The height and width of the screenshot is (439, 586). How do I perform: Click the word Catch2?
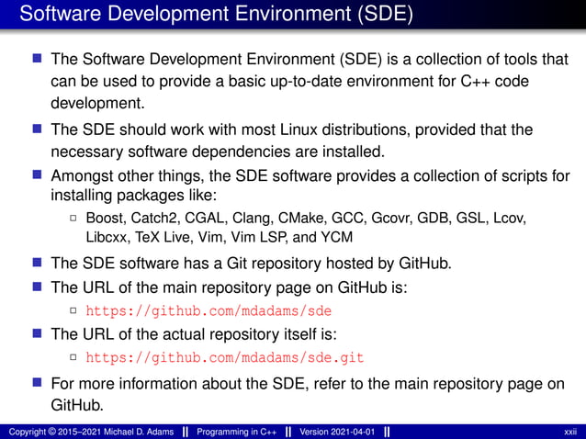152,218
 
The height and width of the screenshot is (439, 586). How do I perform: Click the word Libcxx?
108,239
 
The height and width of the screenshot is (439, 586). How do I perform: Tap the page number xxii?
569,432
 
